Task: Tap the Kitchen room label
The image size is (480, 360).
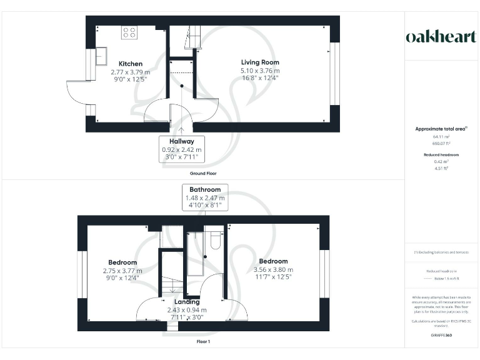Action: pos(131,64)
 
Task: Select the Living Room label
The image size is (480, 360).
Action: pos(260,62)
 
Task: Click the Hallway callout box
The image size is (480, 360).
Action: pos(181,150)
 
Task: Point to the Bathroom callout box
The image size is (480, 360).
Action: pos(206,197)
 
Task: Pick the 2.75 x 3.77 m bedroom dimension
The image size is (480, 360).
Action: pos(122,271)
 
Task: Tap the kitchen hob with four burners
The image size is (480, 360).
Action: pos(129,32)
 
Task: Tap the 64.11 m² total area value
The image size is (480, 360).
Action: pos(441,136)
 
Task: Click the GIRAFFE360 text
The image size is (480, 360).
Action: pos(441,336)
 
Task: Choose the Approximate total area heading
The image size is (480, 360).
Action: pos(441,129)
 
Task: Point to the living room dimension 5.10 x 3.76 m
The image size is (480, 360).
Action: pos(260,71)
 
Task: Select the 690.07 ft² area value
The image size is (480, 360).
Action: pos(441,143)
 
